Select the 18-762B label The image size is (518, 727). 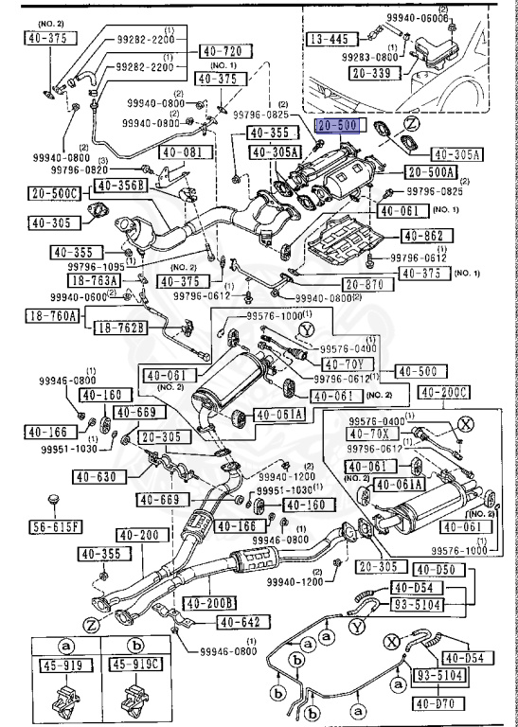coord(120,328)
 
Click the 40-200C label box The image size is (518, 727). coord(444,392)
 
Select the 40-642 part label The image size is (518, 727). coord(244,622)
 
